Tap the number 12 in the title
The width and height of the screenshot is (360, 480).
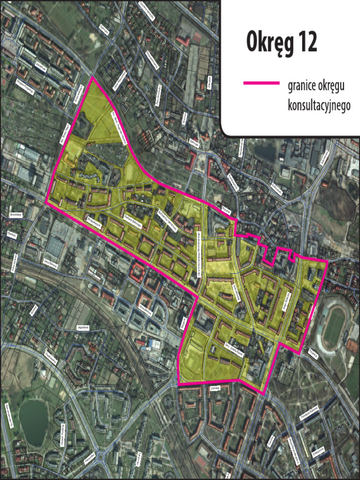(307, 43)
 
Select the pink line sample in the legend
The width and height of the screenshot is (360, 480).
(261, 83)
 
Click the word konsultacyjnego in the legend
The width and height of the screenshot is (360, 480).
(319, 106)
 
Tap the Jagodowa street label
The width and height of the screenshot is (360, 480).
(82, 328)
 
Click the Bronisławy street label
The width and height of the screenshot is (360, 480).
(16, 214)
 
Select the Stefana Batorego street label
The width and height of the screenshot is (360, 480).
(133, 217)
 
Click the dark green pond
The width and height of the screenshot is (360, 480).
(33, 422)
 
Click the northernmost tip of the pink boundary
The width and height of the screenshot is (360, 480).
(90, 77)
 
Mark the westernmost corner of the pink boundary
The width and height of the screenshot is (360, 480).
(46, 202)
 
